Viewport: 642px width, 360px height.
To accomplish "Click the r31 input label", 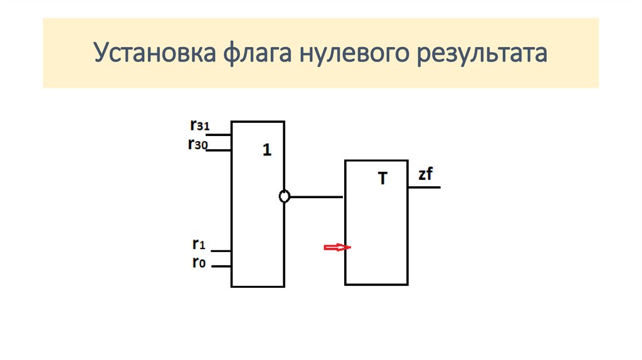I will point(199,125).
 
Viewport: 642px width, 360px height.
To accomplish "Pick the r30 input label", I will point(198,144).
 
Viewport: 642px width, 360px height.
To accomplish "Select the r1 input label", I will point(199,243).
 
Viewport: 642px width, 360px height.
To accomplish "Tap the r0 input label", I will point(199,263).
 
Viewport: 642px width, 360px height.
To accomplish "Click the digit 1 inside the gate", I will point(267,151).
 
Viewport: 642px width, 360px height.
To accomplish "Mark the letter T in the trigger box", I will point(383,179).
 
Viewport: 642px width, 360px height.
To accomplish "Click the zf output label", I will point(426,175).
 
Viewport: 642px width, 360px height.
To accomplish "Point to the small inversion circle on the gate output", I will point(284,197).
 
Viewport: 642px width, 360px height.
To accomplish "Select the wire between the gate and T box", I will point(317,197).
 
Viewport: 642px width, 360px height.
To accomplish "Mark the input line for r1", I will point(221,250).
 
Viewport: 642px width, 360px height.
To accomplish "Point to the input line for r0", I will point(221,267).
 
